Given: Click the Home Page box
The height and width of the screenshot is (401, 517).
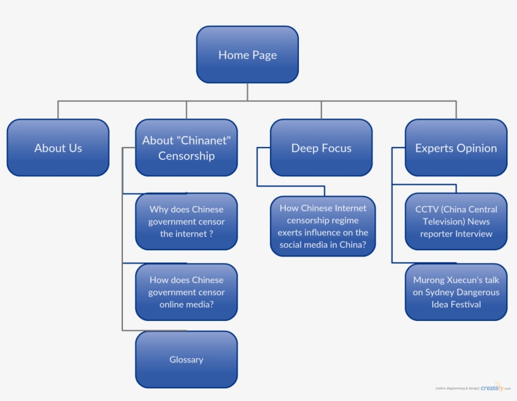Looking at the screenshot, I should (x=247, y=55).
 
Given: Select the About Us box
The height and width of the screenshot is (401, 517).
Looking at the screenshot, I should (x=58, y=148).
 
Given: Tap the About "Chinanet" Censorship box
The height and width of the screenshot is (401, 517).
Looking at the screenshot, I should (x=186, y=148).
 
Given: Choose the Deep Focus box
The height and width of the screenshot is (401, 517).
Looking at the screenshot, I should (x=321, y=148).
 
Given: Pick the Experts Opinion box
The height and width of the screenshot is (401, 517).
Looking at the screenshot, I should (x=456, y=148).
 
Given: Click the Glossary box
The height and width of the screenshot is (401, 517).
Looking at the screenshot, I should (x=186, y=359).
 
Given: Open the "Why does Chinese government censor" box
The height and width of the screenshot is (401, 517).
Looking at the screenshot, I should (x=186, y=221).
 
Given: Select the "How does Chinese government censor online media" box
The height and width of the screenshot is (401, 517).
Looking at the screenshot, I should (x=186, y=292).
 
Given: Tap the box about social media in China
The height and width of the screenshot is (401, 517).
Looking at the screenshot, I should (x=323, y=226).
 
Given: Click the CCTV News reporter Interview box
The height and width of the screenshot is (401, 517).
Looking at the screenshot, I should (x=456, y=221).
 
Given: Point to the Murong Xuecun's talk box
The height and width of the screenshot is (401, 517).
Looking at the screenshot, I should (x=456, y=292).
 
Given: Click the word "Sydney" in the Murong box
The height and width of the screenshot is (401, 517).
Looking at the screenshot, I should (x=442, y=292).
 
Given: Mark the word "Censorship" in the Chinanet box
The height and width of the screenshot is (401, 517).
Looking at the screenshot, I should (x=186, y=156).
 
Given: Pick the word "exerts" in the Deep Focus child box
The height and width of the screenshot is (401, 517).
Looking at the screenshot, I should (x=291, y=233).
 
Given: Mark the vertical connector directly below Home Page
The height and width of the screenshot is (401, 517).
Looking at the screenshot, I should (x=247, y=91).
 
